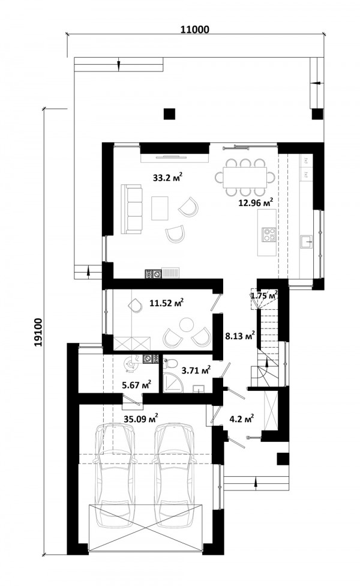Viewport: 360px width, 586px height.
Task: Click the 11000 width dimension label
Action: (x=194, y=29)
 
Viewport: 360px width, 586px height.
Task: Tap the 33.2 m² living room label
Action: (x=167, y=177)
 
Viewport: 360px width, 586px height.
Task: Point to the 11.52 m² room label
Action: (x=167, y=303)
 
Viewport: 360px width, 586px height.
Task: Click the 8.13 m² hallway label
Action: (x=240, y=336)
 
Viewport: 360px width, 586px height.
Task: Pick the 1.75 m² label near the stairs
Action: (x=264, y=295)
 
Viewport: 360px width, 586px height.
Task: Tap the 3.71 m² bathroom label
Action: (x=196, y=370)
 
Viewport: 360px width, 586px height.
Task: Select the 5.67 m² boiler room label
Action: (x=137, y=384)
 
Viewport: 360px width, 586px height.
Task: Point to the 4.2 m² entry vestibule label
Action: (x=242, y=419)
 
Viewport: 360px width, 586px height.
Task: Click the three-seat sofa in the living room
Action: (x=131, y=209)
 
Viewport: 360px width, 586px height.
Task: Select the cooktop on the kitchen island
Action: (x=269, y=234)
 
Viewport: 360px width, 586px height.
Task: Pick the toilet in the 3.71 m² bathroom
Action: (x=170, y=363)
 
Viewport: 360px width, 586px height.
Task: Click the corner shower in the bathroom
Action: (x=173, y=382)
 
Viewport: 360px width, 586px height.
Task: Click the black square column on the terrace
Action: (x=170, y=113)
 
